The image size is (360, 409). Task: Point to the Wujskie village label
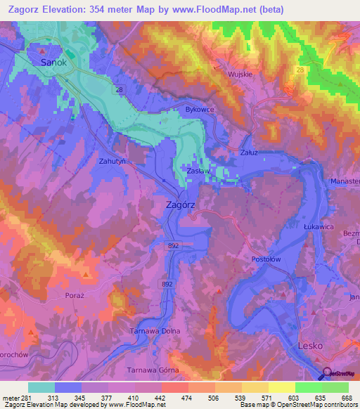click(239, 73)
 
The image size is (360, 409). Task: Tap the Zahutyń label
click(112, 161)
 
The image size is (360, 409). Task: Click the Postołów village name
click(266, 259)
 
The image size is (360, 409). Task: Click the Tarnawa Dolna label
click(155, 331)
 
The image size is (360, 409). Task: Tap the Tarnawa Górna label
click(153, 370)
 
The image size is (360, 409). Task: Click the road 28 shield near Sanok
click(120, 91)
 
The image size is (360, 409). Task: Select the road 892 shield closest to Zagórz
click(173, 245)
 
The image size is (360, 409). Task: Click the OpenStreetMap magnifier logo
click(326, 374)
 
